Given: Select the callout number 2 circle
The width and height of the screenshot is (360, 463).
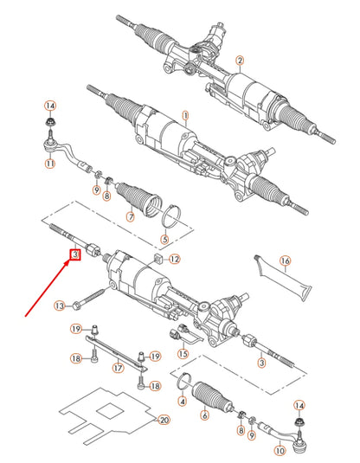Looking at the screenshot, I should (240, 60).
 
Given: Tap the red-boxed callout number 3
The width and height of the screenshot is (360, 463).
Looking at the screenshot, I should (75, 254).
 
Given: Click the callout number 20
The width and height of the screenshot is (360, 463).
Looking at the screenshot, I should (161, 421).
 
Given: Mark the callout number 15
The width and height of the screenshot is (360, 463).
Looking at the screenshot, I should (183, 353).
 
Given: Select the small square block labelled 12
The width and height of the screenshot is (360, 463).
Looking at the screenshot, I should (158, 260).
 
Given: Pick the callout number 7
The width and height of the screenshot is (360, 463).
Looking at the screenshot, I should (130, 216).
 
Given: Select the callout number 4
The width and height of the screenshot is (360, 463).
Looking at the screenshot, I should (183, 401).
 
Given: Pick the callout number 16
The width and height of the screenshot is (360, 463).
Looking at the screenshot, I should (285, 260).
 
